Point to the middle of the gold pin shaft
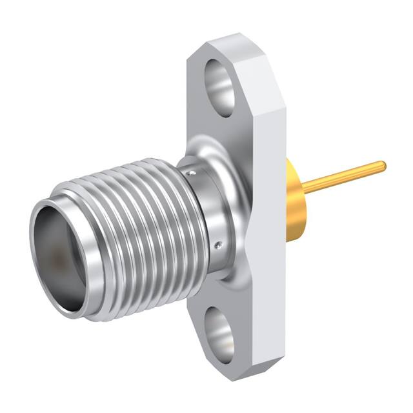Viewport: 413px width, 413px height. point(342,177)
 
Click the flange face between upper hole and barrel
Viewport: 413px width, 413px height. point(213,136)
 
